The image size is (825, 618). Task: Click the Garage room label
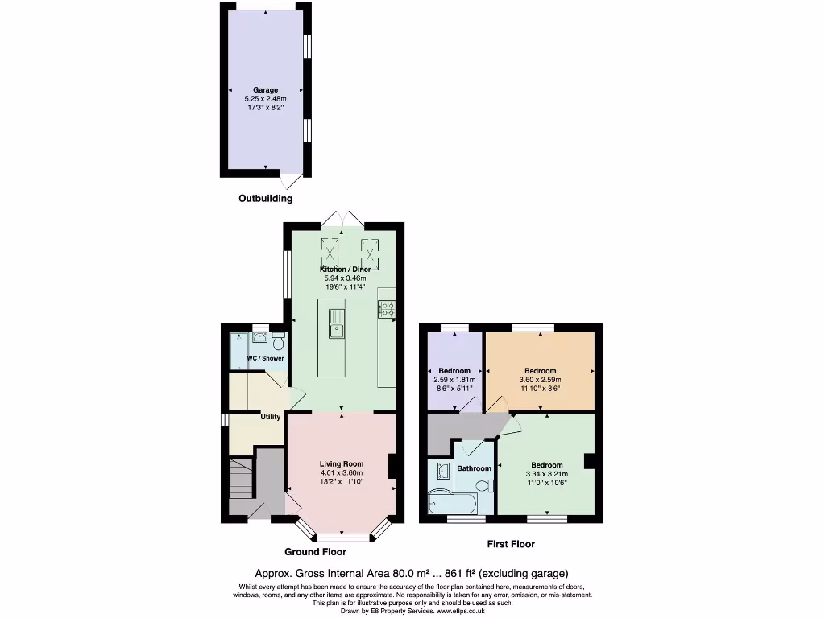point(265,90)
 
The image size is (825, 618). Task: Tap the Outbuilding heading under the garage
point(265,198)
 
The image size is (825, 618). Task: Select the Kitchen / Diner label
point(345,269)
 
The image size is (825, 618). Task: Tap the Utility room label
point(270,417)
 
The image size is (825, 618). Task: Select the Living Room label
point(341,463)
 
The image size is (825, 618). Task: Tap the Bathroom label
point(474,468)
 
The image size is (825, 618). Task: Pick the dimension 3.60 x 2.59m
point(539,380)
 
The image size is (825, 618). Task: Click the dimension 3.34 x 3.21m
point(546,474)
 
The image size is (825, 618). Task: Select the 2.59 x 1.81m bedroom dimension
point(454,380)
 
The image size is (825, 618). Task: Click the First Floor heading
point(510,544)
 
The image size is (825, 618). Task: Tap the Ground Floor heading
point(315,552)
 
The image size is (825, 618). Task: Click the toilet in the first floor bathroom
point(483,485)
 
